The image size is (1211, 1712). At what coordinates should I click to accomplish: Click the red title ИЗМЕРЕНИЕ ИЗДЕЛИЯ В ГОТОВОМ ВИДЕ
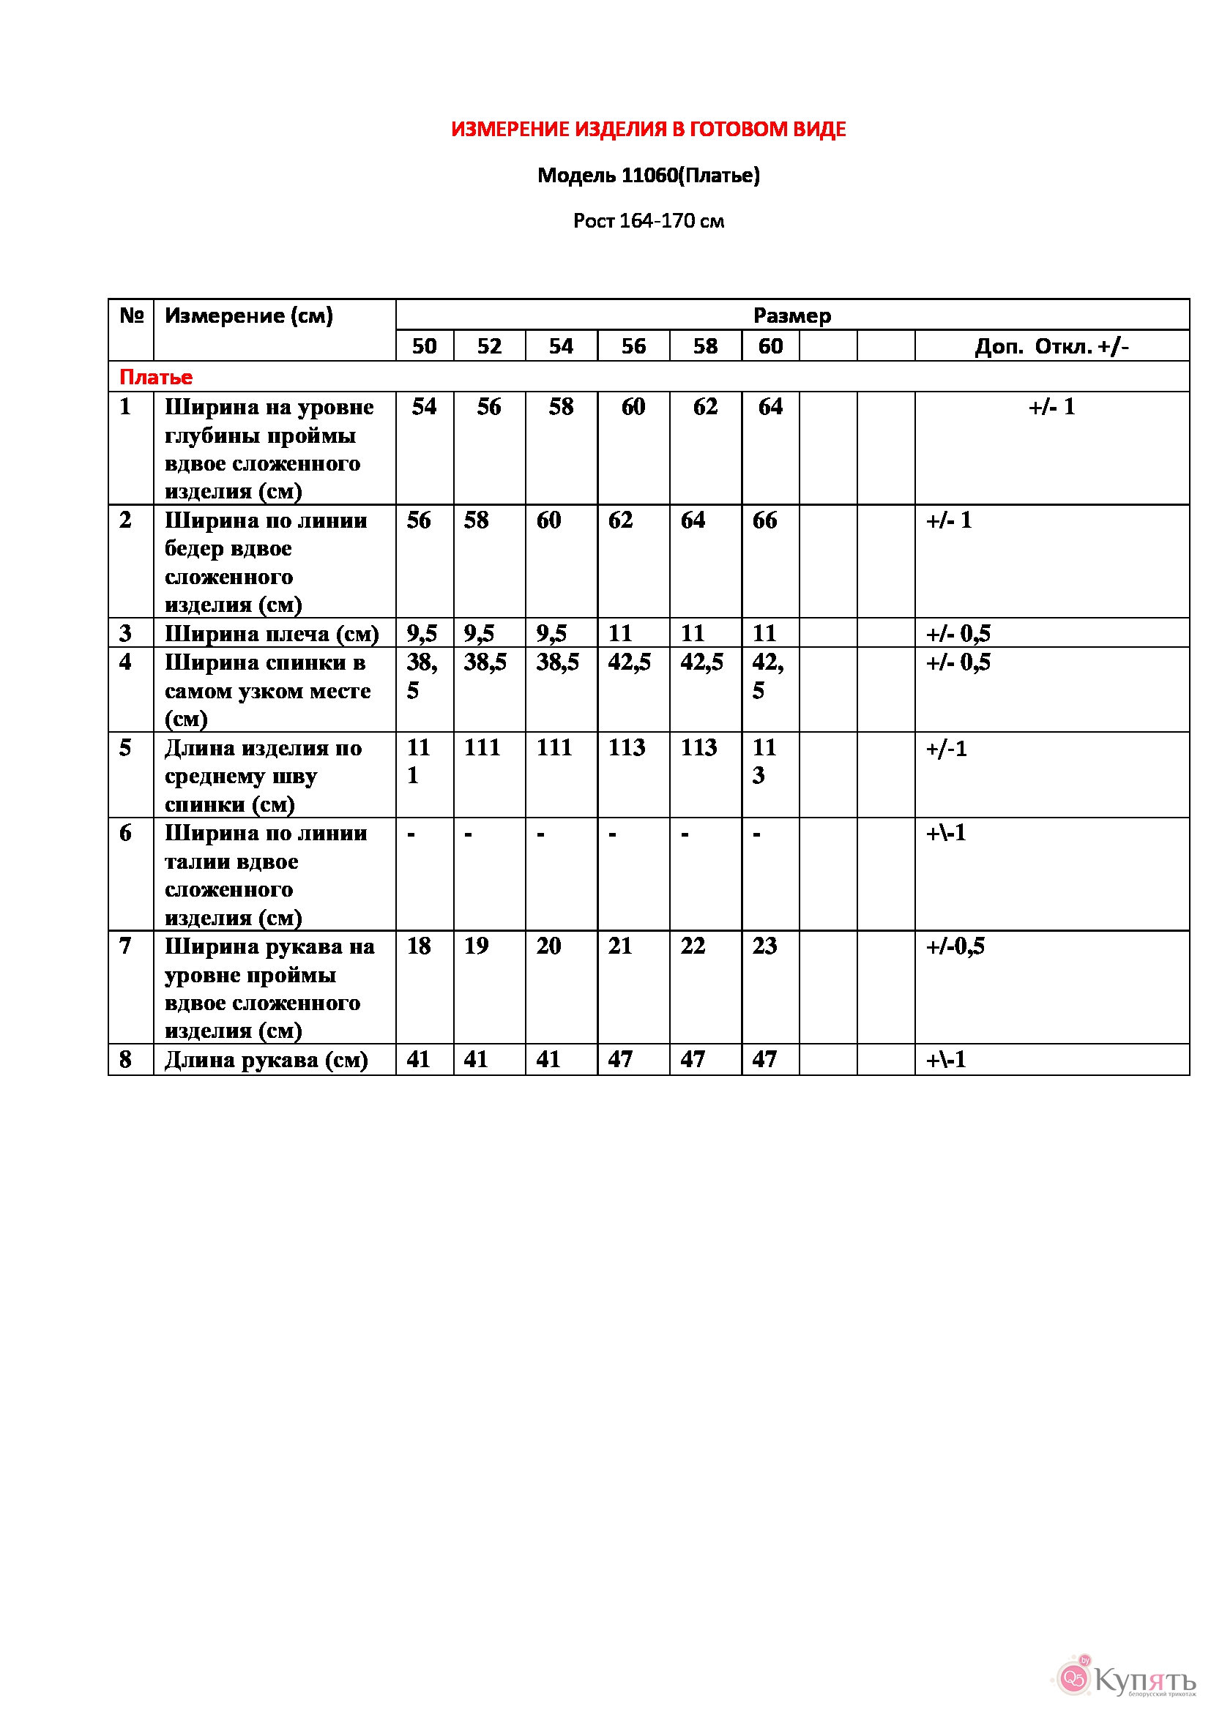tap(648, 130)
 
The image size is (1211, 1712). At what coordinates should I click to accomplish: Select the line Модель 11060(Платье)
tap(648, 175)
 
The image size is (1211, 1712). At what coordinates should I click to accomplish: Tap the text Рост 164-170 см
tap(648, 221)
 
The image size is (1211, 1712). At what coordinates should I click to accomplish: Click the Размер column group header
tap(791, 315)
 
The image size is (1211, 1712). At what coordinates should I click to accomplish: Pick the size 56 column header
tap(633, 346)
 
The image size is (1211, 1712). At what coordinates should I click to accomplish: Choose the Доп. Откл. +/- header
tap(1051, 346)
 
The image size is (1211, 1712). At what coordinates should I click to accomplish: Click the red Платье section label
tap(156, 377)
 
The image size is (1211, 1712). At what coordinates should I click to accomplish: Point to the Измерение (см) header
tap(248, 315)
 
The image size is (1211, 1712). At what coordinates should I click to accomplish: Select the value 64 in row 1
tap(770, 407)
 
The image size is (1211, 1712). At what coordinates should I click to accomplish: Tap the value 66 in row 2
tap(764, 520)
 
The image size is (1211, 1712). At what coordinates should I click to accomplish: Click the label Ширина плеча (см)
tap(272, 634)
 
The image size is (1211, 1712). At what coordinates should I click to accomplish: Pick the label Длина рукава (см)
tap(267, 1060)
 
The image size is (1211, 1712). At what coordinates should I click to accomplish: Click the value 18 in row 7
tap(418, 946)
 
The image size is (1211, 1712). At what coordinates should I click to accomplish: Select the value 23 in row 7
tap(764, 946)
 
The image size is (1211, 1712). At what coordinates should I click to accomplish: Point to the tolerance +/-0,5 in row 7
tap(955, 946)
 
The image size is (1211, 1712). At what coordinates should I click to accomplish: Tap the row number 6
tap(125, 833)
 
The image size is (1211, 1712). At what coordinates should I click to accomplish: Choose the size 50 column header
tap(425, 346)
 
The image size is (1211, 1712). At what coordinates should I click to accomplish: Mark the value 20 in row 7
tap(548, 946)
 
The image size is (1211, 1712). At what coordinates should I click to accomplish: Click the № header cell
tap(131, 315)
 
